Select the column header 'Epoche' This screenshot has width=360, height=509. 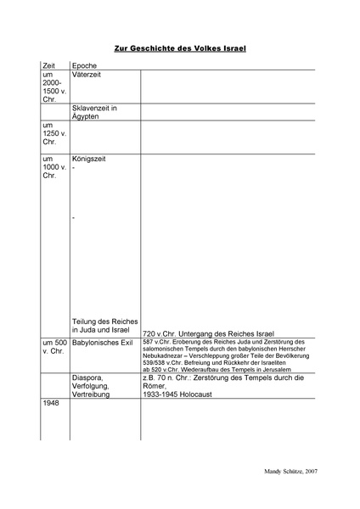[85, 65]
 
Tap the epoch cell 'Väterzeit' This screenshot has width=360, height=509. [89, 76]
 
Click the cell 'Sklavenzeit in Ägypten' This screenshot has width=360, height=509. [94, 112]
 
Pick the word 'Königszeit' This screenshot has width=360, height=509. [91, 159]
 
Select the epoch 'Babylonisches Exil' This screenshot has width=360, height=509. [104, 343]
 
